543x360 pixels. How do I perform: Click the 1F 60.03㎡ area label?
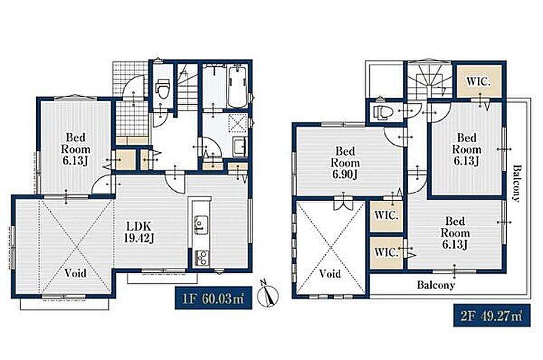pyautogui.click(x=213, y=298)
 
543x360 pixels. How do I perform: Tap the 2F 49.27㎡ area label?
pyautogui.click(x=492, y=315)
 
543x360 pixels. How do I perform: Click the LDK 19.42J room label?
pyautogui.click(x=139, y=232)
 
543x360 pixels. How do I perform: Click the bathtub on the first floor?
pyautogui.click(x=238, y=87)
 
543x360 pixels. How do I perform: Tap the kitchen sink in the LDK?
pyautogui.click(x=201, y=225)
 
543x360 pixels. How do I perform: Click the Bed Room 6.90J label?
pyautogui.click(x=345, y=163)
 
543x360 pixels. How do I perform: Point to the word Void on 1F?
pyautogui.click(x=76, y=273)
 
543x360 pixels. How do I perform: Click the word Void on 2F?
pyautogui.click(x=330, y=274)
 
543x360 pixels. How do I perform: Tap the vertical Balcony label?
pyautogui.click(x=518, y=183)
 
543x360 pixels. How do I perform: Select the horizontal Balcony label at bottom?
pyautogui.click(x=436, y=285)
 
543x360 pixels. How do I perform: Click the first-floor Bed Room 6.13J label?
pyautogui.click(x=76, y=149)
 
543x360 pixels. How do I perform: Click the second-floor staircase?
pyautogui.click(x=430, y=80)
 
